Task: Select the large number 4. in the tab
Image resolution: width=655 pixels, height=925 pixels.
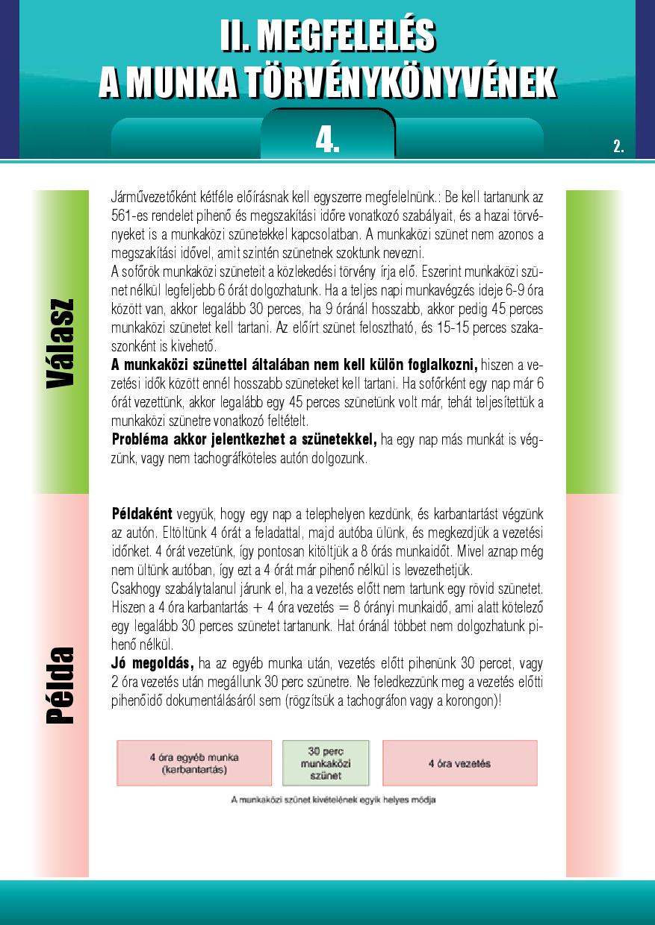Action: click(327, 139)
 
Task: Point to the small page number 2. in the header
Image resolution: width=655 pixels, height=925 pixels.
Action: click(618, 146)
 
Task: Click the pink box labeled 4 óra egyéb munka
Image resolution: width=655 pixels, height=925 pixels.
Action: click(194, 762)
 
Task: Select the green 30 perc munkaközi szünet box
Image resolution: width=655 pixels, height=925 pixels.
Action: click(326, 762)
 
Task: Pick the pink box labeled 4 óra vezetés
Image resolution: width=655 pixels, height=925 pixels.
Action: click(459, 763)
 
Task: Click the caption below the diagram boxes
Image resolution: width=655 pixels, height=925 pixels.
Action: click(333, 800)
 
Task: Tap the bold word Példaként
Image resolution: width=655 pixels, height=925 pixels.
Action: click(142, 515)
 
